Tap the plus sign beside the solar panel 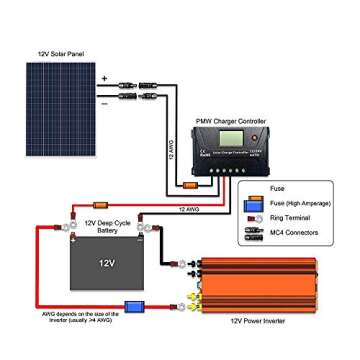click(x=103, y=77)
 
